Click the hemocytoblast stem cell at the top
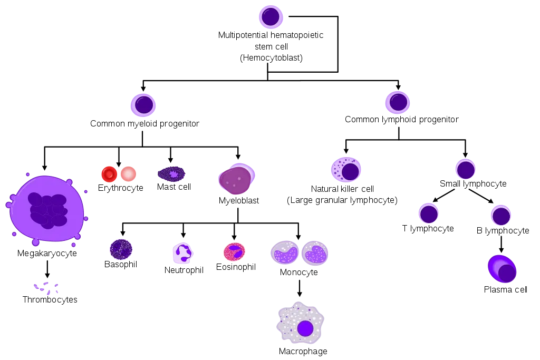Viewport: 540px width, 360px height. click(271, 16)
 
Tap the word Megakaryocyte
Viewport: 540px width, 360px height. click(47, 254)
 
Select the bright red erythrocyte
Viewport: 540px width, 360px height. click(110, 174)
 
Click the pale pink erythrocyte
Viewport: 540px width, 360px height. click(129, 174)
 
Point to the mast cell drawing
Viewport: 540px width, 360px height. click(171, 174)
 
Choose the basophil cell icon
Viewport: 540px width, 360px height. click(121, 249)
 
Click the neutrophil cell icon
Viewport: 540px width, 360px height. click(183, 254)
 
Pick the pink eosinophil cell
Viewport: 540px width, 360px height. click(234, 252)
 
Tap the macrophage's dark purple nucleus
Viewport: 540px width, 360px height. click(305, 328)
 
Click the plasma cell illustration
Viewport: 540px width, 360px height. click(502, 269)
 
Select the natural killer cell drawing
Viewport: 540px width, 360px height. click(346, 169)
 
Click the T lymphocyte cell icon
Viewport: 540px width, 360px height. click(428, 213)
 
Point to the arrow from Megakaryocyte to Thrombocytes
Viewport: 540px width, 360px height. click(47, 269)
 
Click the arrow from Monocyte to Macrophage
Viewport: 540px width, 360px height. click(300, 288)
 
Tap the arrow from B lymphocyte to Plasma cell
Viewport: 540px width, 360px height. click(501, 245)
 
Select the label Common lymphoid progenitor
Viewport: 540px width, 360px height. click(401, 120)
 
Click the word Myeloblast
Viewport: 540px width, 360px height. click(239, 200)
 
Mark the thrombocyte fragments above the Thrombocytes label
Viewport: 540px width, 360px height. click(46, 288)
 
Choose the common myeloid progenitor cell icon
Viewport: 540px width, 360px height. click(143, 105)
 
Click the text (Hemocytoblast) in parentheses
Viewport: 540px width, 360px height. click(271, 57)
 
